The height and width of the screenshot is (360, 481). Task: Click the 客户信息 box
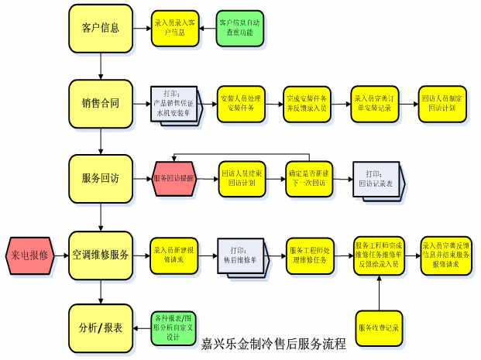point(101,28)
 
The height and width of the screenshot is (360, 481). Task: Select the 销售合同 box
point(101,103)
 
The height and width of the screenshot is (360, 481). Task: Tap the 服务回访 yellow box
point(101,178)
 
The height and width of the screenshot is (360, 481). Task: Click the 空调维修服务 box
point(101,253)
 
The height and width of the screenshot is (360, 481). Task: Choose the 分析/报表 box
point(101,327)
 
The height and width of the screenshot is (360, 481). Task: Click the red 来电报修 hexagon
point(30,253)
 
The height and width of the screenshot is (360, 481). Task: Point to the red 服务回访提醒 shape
point(174,179)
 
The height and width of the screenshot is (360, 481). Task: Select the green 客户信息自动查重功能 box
point(239,29)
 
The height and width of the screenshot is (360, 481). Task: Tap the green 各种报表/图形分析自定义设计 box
point(173,327)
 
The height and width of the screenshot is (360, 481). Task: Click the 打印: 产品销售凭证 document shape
point(174,105)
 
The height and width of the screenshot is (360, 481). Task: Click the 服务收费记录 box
point(379,327)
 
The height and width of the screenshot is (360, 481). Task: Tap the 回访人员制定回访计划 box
point(445,104)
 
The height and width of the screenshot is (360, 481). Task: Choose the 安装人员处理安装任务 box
point(242,104)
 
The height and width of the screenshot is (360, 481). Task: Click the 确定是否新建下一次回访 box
point(308,179)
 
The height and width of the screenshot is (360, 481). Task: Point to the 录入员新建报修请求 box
point(174,254)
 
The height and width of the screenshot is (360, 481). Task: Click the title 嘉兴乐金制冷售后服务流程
point(273,344)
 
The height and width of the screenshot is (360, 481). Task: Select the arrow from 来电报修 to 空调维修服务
point(61,253)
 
